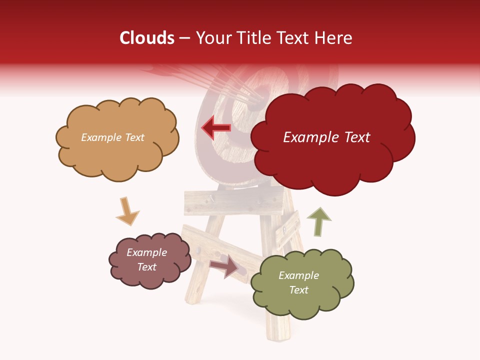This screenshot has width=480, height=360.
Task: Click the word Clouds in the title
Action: (x=147, y=38)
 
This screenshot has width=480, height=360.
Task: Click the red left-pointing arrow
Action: (x=216, y=127)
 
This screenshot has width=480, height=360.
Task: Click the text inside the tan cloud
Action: (x=112, y=137)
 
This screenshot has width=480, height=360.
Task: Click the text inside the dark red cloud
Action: (x=326, y=137)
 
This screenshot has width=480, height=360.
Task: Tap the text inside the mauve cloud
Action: (x=146, y=259)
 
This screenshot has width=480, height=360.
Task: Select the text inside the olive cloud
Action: (x=298, y=282)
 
